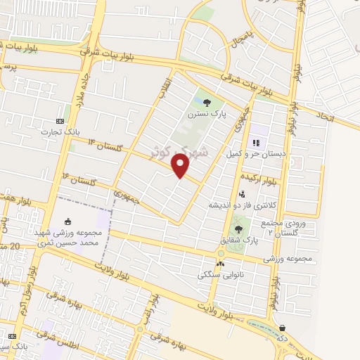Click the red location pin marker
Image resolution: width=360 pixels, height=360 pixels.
[x=181, y=167]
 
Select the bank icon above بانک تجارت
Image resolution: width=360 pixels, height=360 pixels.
[x=60, y=121]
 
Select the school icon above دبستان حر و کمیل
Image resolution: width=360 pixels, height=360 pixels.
[x=255, y=143]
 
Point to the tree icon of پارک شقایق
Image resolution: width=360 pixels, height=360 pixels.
[x=238, y=229]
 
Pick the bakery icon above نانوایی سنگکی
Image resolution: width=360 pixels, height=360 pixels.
[x=221, y=264]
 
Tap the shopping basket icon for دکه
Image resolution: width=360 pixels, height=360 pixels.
[x=283, y=328]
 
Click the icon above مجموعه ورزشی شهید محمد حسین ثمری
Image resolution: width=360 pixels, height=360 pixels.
[x=68, y=221]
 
